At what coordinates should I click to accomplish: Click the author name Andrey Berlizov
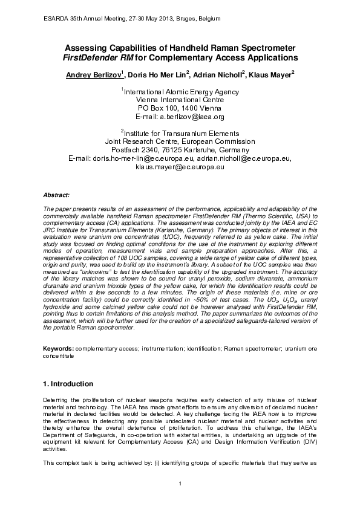pos(92,74)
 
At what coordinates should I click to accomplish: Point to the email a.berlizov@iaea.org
pos(180,117)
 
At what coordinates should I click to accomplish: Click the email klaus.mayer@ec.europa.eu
pos(180,166)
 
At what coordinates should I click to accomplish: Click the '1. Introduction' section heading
pos(68,384)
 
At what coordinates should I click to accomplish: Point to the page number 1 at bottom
pos(180,482)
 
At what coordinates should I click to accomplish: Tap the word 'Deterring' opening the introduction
pos(56,401)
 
